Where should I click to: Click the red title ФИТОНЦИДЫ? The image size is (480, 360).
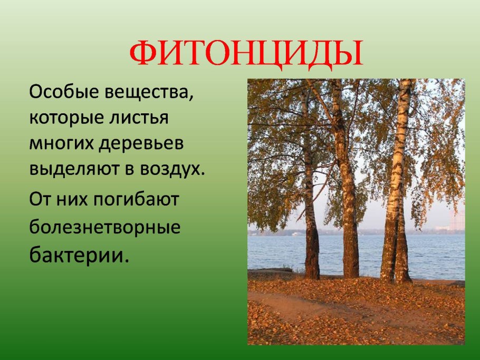(247, 53)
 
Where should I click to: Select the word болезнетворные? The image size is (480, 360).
(105, 228)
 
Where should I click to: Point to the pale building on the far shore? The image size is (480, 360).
(457, 221)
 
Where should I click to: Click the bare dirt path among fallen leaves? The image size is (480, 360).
(295, 306)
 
